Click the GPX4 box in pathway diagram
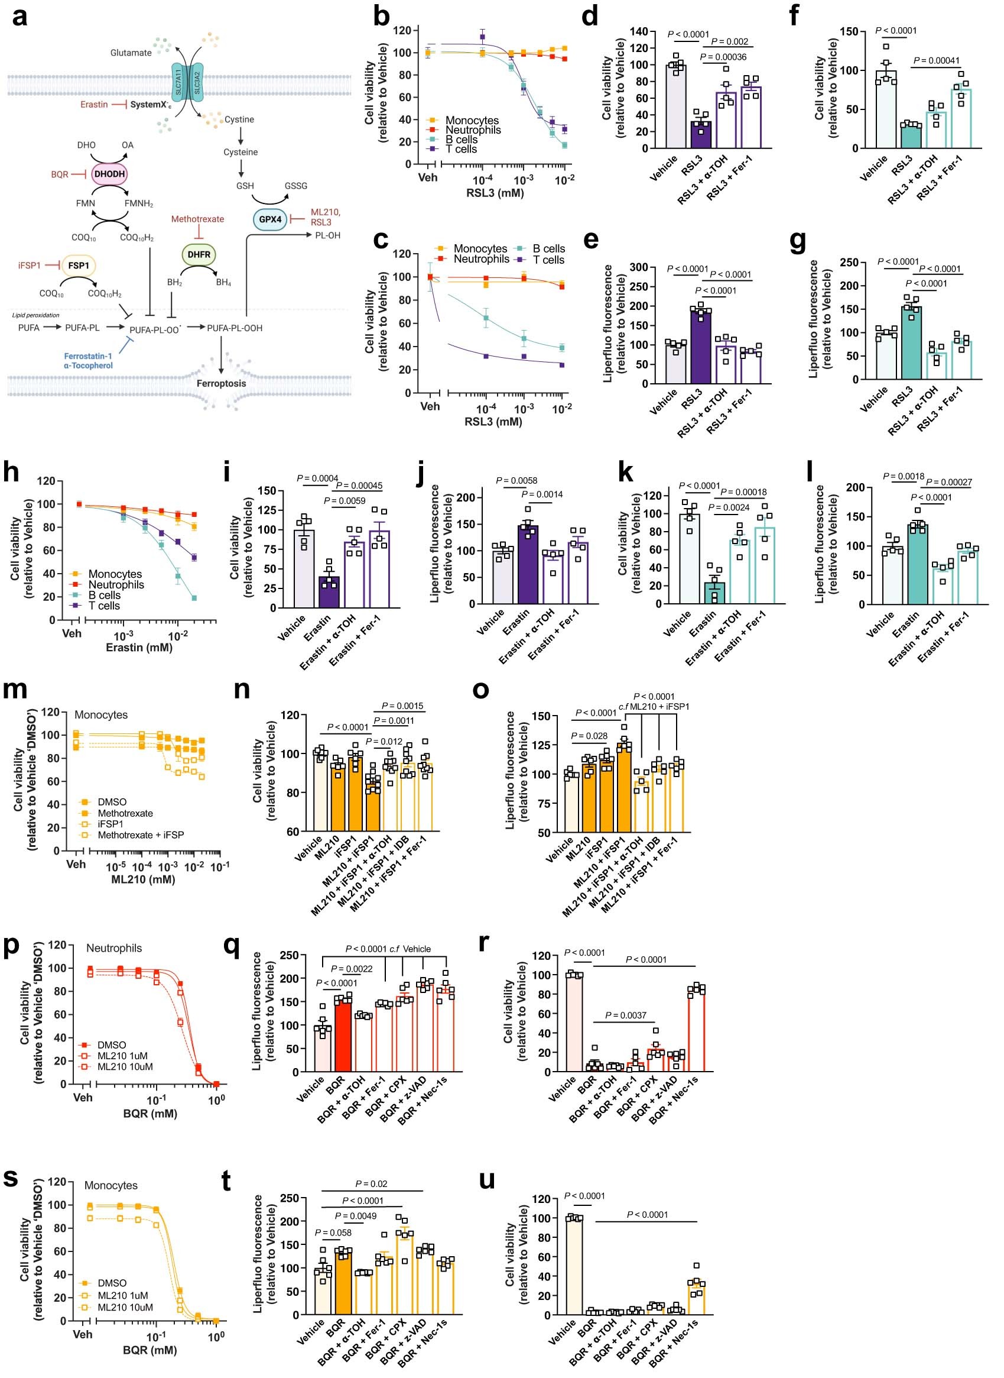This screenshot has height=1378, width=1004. pyautogui.click(x=270, y=219)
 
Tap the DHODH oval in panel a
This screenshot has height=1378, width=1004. pyautogui.click(x=109, y=174)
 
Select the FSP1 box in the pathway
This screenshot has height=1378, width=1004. pyautogui.click(x=78, y=265)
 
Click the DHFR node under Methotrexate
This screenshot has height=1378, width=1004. pyautogui.click(x=199, y=254)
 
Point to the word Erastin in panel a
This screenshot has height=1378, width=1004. pyautogui.click(x=93, y=105)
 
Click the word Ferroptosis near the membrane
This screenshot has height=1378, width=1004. pyautogui.click(x=220, y=383)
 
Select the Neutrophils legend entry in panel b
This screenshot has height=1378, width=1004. pyautogui.click(x=473, y=130)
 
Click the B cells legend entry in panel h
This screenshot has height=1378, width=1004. pyautogui.click(x=104, y=596)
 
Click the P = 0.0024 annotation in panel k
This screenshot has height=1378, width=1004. pyautogui.click(x=728, y=507)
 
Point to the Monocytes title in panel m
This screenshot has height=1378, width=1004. pyautogui.click(x=101, y=715)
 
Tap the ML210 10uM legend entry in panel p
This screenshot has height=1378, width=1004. pyautogui.click(x=125, y=1067)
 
